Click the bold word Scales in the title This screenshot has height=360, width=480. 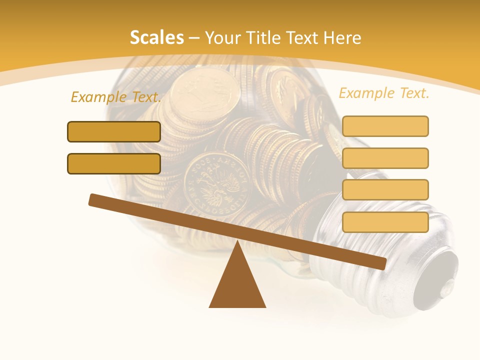[156, 38]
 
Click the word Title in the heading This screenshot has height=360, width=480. [260, 38]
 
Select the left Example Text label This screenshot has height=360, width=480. [116, 97]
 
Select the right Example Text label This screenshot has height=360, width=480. [384, 93]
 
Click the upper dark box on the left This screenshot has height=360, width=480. [114, 132]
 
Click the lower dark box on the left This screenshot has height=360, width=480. [114, 164]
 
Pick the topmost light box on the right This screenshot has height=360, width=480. [385, 126]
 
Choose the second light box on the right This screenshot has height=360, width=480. [385, 158]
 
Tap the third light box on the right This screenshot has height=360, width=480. [385, 190]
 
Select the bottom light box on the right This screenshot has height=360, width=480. [385, 222]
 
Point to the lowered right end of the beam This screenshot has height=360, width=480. [381, 264]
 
